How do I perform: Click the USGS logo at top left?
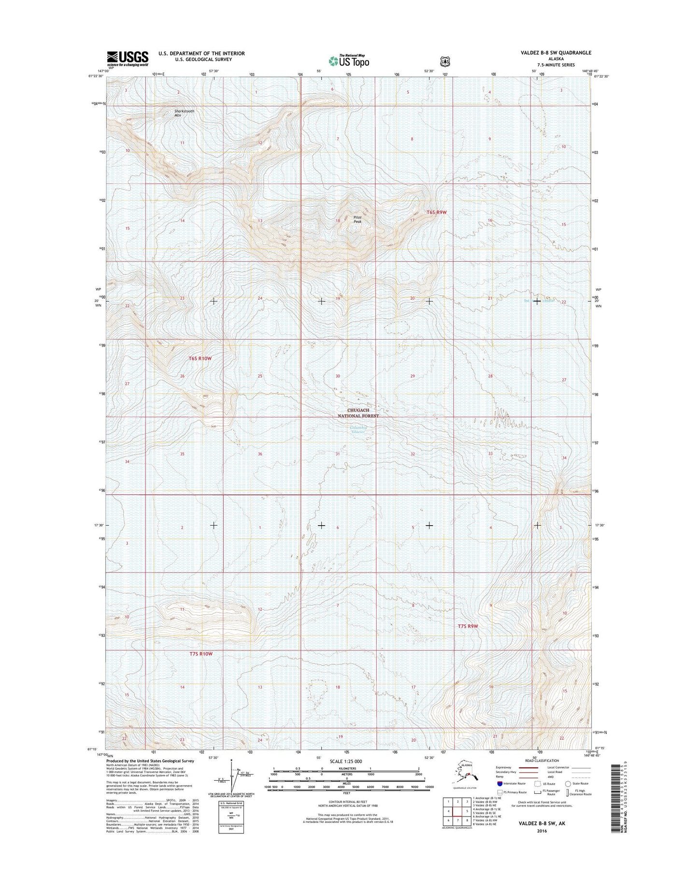128,58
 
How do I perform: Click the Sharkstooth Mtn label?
185,113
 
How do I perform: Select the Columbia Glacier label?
358,430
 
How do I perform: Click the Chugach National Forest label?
358,413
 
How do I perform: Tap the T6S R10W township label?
200,359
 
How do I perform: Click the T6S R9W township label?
437,213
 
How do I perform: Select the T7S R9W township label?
468,626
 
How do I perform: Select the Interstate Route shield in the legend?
499,784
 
